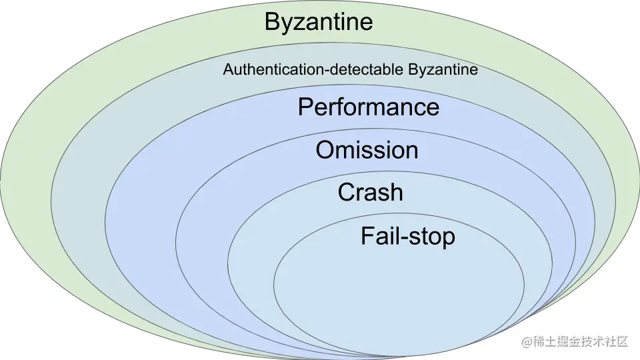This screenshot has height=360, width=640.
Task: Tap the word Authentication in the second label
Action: (x=273, y=69)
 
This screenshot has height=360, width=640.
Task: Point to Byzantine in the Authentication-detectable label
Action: (x=443, y=70)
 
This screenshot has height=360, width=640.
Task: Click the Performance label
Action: (x=369, y=107)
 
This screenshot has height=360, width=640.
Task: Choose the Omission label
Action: (x=367, y=150)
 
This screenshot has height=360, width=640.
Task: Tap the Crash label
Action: (x=370, y=192)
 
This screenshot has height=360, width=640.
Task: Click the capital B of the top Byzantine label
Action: (x=273, y=21)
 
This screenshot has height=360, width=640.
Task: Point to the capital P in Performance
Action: (x=306, y=107)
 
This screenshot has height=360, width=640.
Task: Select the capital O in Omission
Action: (x=325, y=150)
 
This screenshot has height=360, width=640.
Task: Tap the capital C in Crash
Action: (x=347, y=192)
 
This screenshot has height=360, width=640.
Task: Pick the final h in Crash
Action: (x=396, y=192)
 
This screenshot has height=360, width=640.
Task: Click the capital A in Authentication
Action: (x=228, y=69)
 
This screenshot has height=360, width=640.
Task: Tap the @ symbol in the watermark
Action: (x=527, y=341)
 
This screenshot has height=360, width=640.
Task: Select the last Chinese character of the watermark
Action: (x=622, y=341)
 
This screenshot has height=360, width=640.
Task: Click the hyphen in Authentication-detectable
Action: (x=327, y=71)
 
